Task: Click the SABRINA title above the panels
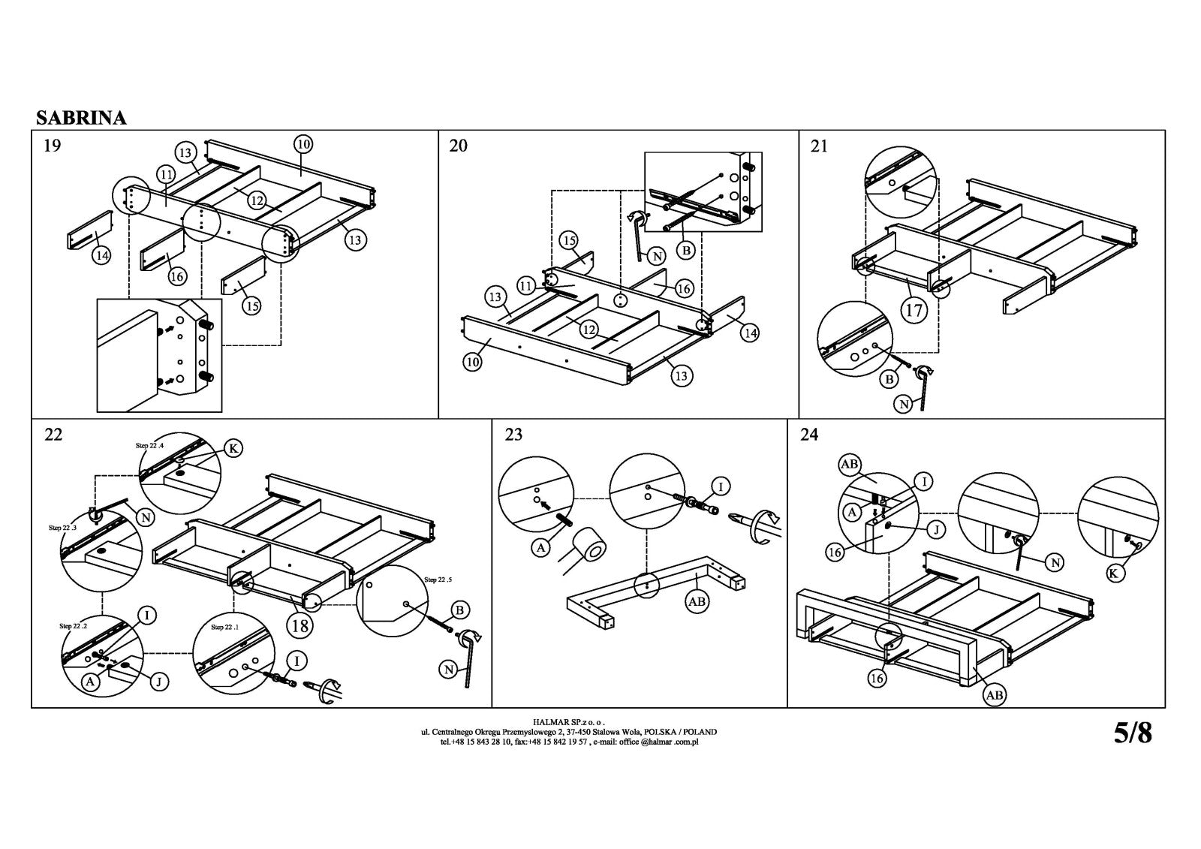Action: [x=81, y=118]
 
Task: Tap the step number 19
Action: [x=53, y=146]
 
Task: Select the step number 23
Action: [x=513, y=435]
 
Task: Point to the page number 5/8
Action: [x=1132, y=733]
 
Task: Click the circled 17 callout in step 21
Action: [x=914, y=309]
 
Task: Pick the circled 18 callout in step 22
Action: [x=300, y=624]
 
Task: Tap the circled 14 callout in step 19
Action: [x=101, y=255]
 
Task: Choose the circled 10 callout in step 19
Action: [x=303, y=143]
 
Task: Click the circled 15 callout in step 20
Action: [x=569, y=240]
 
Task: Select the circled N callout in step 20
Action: [x=657, y=257]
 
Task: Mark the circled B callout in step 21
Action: [x=889, y=379]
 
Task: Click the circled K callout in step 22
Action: [x=233, y=449]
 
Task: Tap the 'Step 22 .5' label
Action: [x=440, y=580]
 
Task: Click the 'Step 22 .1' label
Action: [x=225, y=626]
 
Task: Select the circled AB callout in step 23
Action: [x=697, y=602]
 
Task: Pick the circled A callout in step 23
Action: [x=541, y=548]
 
